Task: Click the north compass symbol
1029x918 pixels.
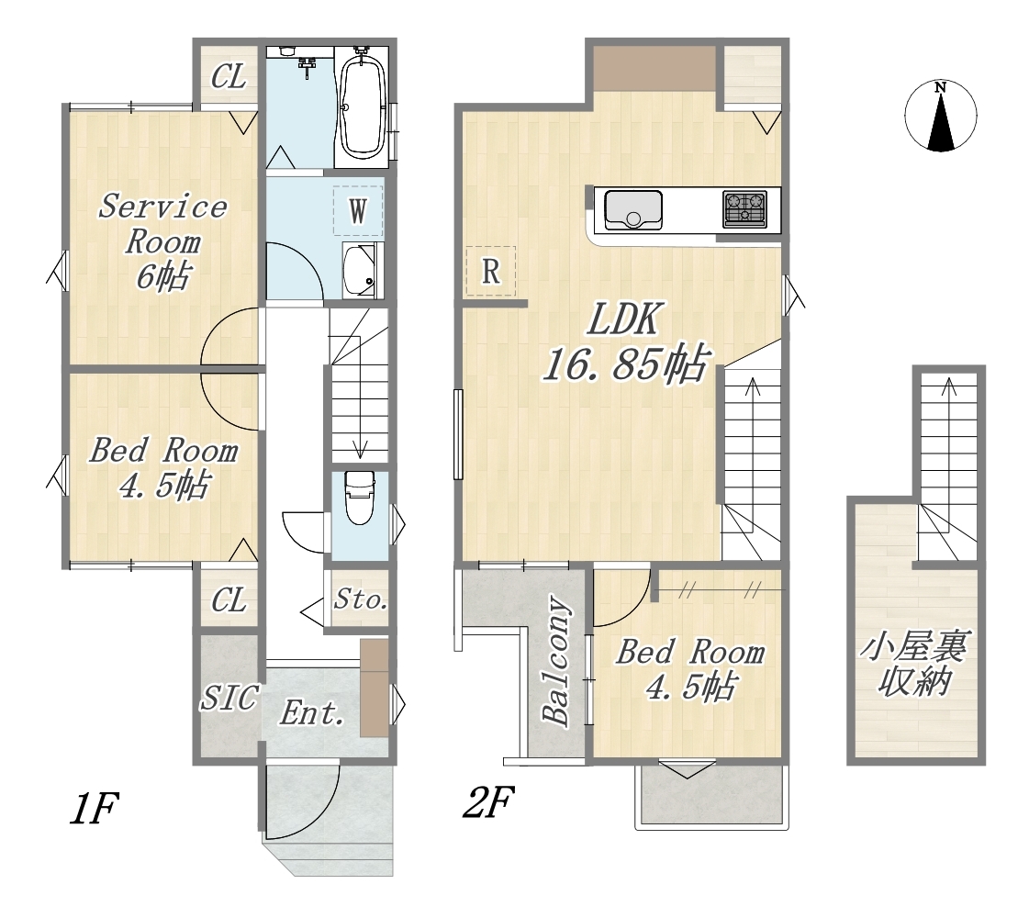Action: (940, 116)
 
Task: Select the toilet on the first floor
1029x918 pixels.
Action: (360, 498)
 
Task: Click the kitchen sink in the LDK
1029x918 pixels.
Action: (632, 209)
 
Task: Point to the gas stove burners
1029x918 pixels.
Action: (744, 209)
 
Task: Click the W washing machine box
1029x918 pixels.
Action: (358, 211)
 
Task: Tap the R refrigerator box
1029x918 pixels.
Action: (490, 271)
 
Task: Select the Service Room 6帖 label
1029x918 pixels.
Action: (162, 241)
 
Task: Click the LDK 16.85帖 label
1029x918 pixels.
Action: (626, 341)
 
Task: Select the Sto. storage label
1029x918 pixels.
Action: (360, 599)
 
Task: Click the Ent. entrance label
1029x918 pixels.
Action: (312, 712)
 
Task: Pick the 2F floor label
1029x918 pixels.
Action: (488, 801)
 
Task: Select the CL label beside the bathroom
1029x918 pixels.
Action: (229, 77)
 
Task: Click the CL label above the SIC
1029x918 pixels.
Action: (229, 599)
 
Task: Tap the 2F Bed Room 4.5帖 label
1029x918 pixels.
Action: (690, 670)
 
